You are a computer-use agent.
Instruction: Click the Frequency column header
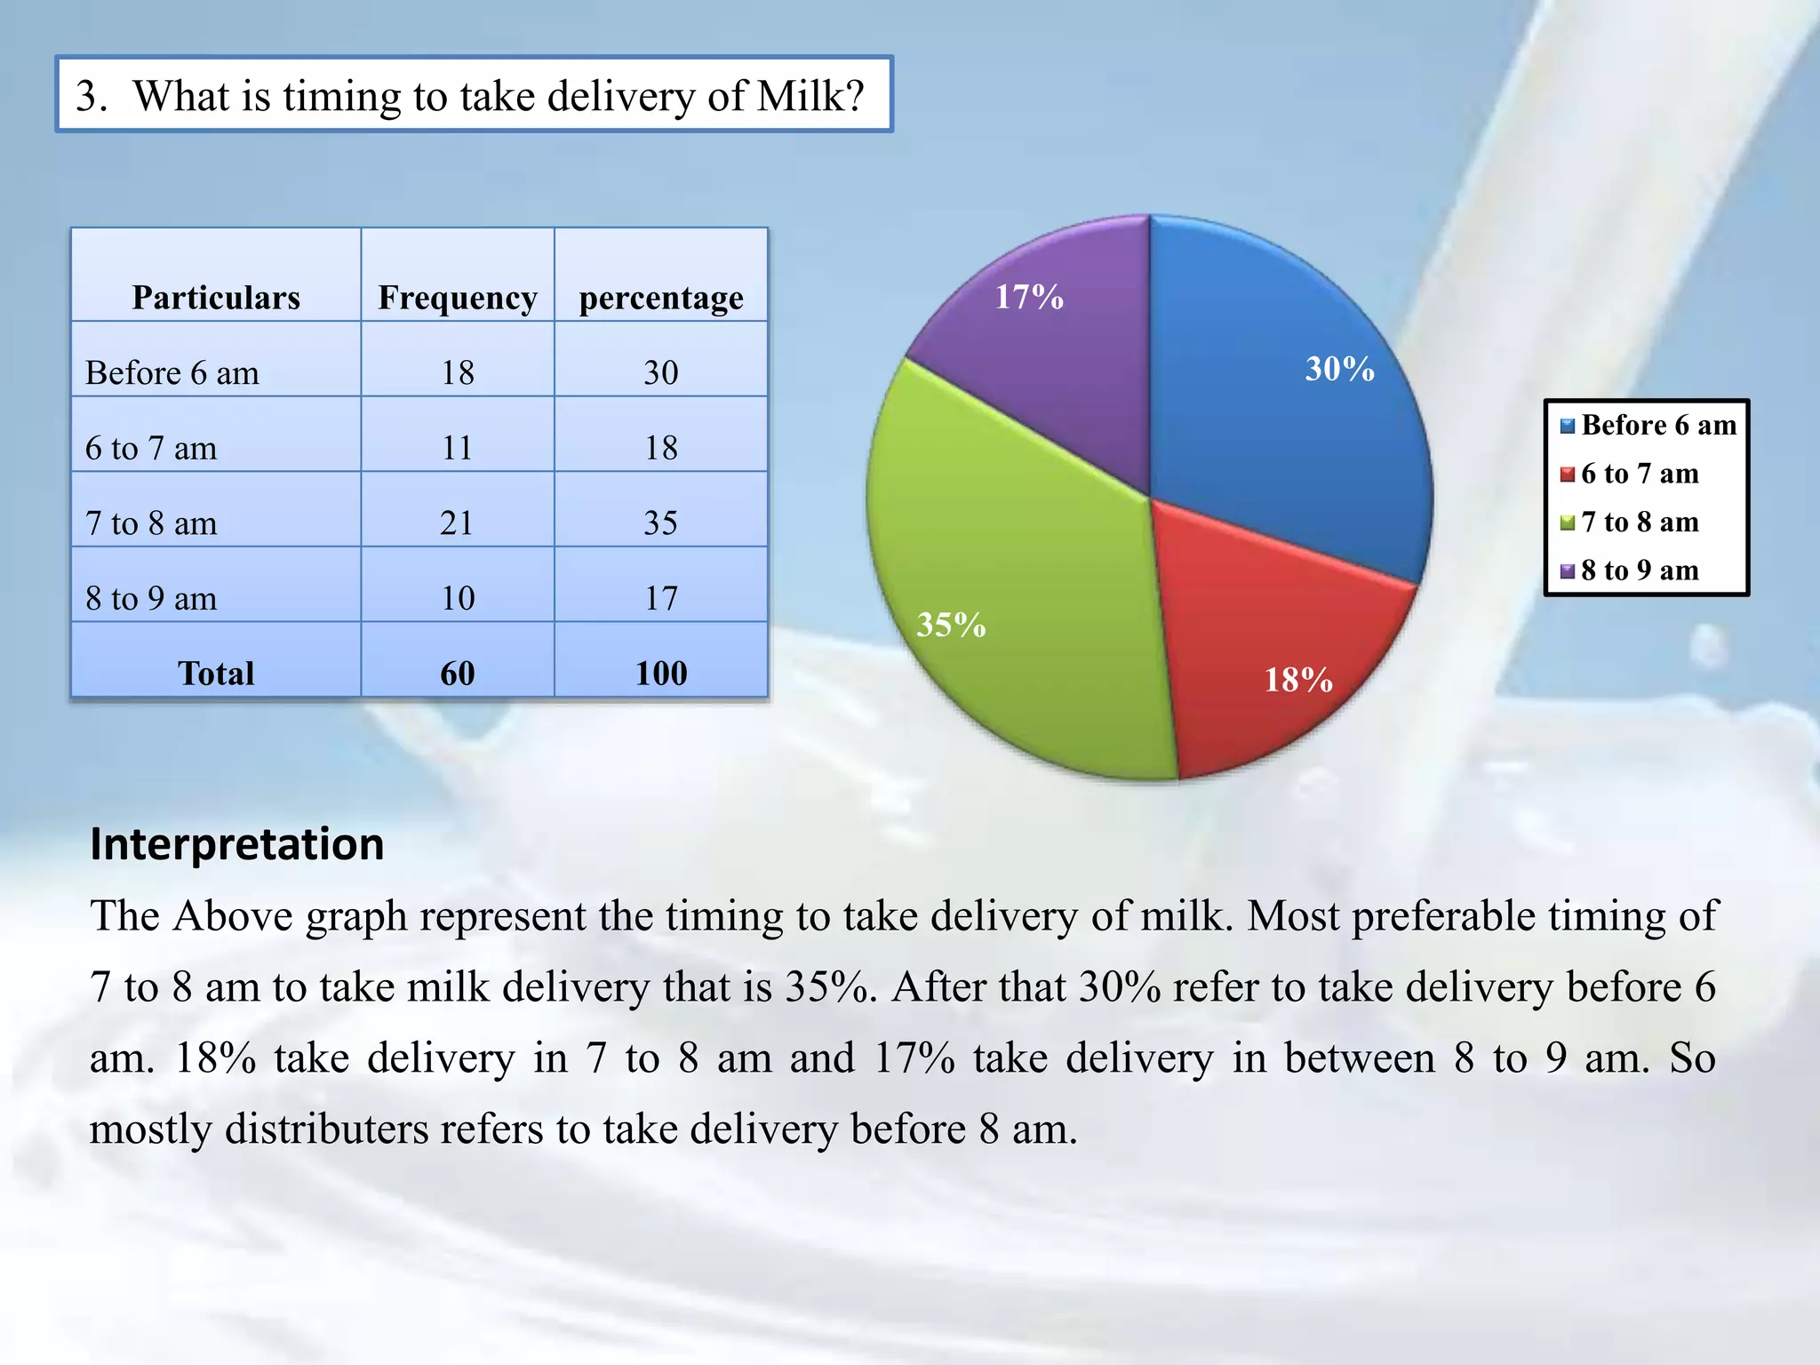[x=458, y=298]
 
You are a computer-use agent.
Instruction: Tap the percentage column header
[x=661, y=298]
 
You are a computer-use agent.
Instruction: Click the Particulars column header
[x=216, y=298]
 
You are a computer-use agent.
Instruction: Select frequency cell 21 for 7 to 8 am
[x=458, y=523]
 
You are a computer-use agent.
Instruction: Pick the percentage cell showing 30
[x=661, y=372]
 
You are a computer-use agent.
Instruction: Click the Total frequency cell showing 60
[x=458, y=674]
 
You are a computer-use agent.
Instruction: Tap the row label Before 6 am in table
[x=172, y=372]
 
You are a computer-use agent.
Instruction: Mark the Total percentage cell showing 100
[x=661, y=674]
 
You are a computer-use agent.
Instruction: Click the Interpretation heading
[x=237, y=844]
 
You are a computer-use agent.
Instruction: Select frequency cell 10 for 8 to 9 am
[x=458, y=598]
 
